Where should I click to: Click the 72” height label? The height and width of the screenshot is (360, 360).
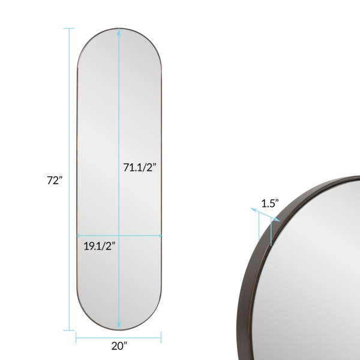55,180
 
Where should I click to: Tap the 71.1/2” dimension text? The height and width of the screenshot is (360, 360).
140,167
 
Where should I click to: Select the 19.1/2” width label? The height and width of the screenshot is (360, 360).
99,246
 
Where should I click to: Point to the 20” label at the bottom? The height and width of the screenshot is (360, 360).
119,346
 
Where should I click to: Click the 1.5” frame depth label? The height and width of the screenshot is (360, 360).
270,203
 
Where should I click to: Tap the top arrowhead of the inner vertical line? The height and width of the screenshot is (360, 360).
119,32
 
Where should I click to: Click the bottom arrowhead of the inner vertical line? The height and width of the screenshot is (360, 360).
119,326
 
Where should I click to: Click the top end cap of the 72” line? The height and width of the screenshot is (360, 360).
69,28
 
